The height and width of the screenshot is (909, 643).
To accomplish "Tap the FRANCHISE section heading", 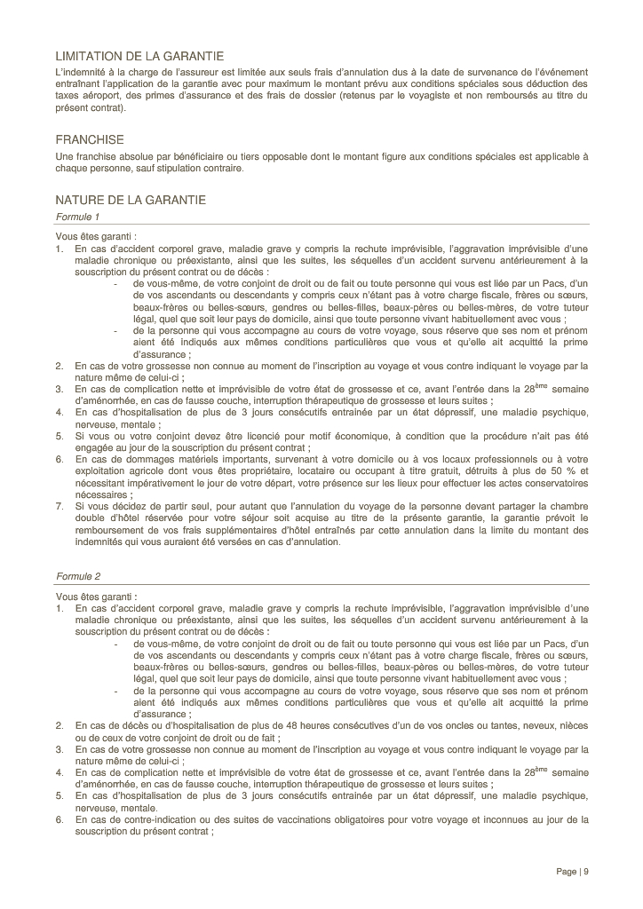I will click(x=90, y=140).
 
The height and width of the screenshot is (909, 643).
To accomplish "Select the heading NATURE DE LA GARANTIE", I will click(x=131, y=200).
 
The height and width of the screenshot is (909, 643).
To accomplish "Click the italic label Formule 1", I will click(x=78, y=217).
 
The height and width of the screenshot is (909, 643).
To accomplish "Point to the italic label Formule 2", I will click(x=78, y=576).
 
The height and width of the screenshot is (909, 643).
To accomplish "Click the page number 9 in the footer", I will click(x=585, y=871).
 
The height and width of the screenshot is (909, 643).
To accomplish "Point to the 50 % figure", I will click(x=558, y=471).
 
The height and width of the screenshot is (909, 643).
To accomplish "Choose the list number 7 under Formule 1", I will click(x=59, y=506).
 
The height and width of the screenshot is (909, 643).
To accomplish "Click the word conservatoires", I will click(x=544, y=483).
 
